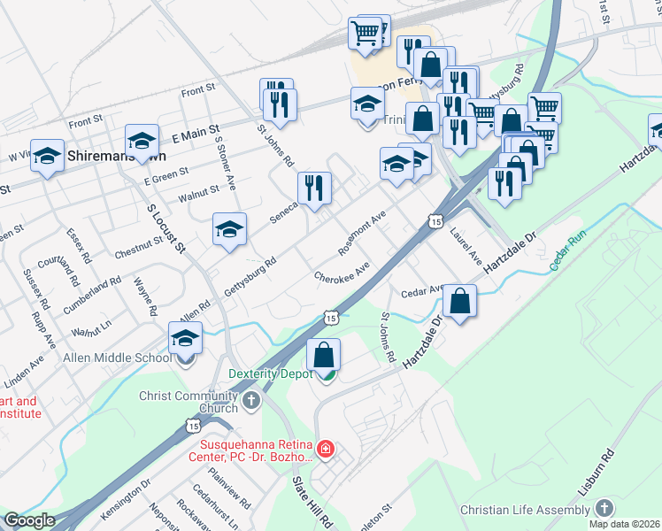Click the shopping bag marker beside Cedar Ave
click(x=459, y=301)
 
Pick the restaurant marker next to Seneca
click(x=314, y=188)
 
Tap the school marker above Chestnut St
click(x=229, y=229)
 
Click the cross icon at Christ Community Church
click(x=251, y=401)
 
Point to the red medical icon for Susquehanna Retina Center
click(x=326, y=450)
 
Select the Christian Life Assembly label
click(x=525, y=510)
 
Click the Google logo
click(x=29, y=520)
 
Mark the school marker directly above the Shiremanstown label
click(x=142, y=139)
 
